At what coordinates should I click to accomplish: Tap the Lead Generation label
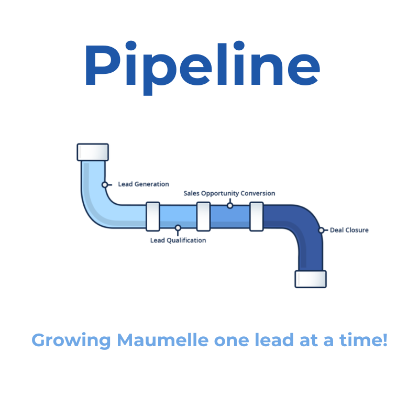click(x=144, y=184)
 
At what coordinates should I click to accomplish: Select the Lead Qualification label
click(x=178, y=240)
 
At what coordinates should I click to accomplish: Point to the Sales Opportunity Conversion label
click(x=229, y=193)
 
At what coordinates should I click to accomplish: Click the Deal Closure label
click(x=349, y=230)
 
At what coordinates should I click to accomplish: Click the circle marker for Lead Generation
click(x=105, y=184)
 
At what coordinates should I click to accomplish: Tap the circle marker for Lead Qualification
click(x=178, y=228)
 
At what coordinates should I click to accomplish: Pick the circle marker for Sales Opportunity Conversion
click(x=229, y=205)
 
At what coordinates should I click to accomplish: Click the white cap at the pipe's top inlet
click(x=93, y=152)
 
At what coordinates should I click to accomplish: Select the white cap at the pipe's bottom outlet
click(x=310, y=279)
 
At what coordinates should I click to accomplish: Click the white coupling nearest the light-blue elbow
click(x=152, y=216)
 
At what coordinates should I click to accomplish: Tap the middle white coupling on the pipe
click(x=204, y=216)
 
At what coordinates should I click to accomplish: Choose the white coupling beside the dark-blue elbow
click(x=256, y=216)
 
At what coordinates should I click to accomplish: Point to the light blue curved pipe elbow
click(x=100, y=204)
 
